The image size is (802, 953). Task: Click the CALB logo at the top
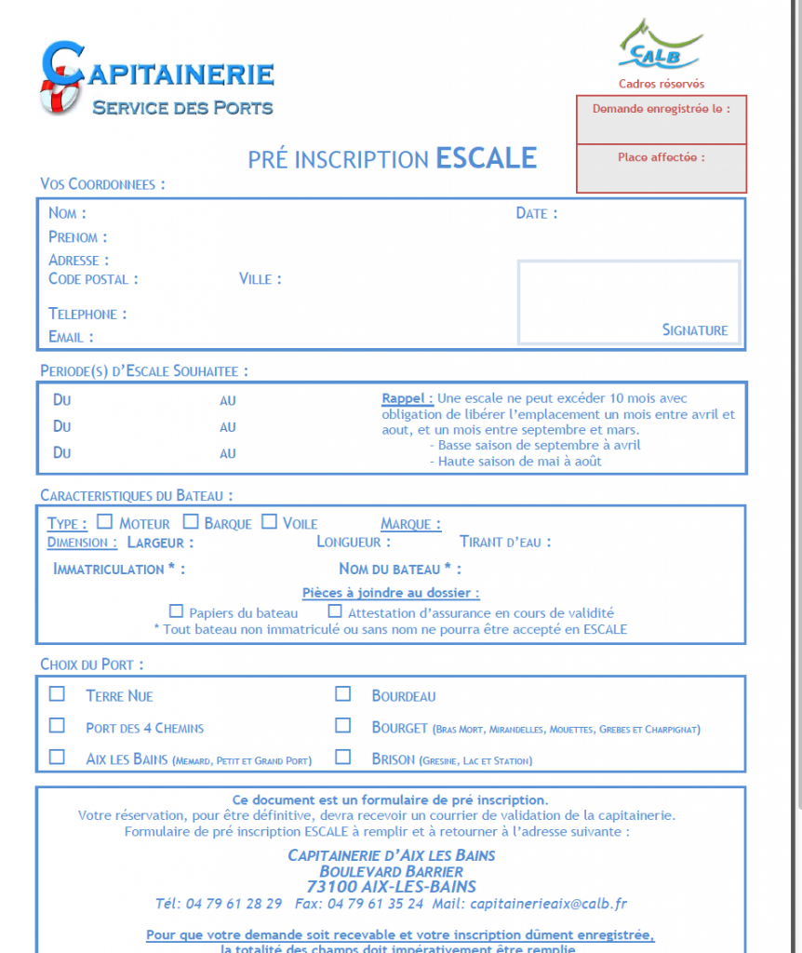pos(661,47)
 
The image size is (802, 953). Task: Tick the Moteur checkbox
pos(104,522)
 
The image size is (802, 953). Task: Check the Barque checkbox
pos(191,522)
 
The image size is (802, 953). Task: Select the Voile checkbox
pos(269,522)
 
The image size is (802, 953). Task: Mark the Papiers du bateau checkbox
pos(176,611)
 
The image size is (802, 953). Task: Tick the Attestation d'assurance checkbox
pos(335,611)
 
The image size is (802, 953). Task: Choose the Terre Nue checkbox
pos(58,694)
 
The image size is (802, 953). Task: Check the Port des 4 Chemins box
pos(58,725)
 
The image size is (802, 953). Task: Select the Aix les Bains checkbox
pos(58,758)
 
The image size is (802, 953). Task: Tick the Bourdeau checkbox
pos(343,694)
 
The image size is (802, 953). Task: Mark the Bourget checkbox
pos(343,725)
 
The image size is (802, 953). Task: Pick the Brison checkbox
pos(343,758)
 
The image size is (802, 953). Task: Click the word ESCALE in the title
pos(487,158)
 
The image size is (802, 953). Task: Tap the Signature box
pos(629,302)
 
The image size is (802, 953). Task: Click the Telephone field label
pos(87,315)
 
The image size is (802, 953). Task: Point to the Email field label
pos(71,337)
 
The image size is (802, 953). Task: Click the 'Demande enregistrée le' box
pos(662,120)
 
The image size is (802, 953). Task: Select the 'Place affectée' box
pos(662,168)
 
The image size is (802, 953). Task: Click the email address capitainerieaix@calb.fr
pos(549,903)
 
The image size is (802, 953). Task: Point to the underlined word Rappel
pos(407,398)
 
